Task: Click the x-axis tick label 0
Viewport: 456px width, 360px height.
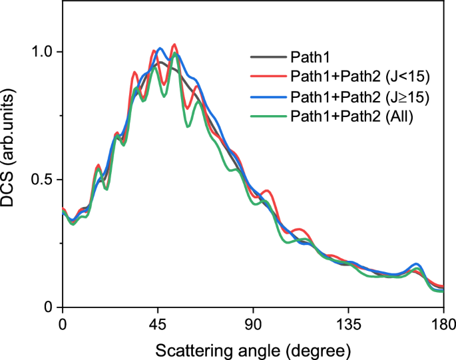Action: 62,327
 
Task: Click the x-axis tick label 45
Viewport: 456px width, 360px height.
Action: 158,327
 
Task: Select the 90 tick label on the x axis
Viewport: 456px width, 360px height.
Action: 253,327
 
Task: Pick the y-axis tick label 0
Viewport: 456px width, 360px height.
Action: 49,307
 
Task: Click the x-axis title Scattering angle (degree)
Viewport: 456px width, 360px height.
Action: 253,348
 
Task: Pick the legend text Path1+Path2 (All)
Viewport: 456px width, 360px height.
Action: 351,116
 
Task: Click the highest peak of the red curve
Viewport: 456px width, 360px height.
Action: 174,45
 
